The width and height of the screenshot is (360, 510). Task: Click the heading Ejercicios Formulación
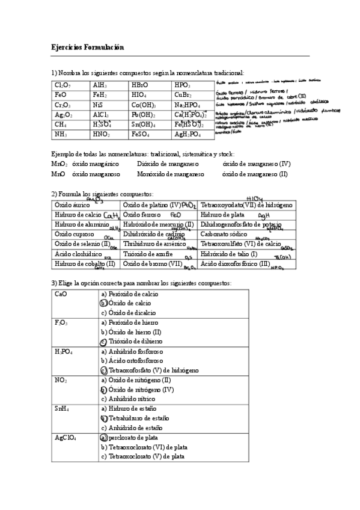click(x=87, y=48)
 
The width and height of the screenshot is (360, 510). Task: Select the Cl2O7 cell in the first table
click(x=63, y=85)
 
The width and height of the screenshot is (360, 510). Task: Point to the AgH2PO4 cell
click(x=187, y=134)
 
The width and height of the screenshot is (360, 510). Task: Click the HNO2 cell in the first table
click(x=101, y=134)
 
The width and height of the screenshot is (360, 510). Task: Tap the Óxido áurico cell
click(x=70, y=204)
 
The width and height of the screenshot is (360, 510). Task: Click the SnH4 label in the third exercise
click(x=62, y=408)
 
